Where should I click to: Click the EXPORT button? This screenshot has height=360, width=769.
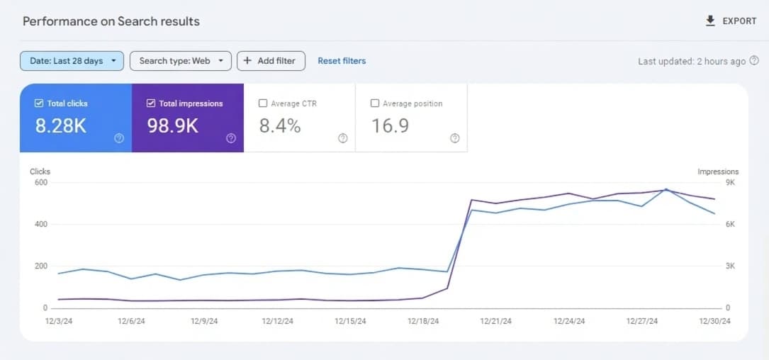tap(731, 21)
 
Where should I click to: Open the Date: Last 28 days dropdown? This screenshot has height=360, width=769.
tap(72, 61)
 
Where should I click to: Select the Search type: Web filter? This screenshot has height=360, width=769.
tap(181, 61)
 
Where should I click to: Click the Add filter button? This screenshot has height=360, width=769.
tap(271, 61)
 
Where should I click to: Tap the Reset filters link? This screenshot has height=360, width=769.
tap(342, 61)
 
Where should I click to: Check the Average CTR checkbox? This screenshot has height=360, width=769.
tap(264, 103)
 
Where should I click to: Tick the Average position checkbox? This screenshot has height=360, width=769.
tap(375, 103)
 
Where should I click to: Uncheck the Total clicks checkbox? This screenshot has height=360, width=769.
tap(39, 103)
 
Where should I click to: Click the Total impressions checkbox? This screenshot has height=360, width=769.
tap(151, 103)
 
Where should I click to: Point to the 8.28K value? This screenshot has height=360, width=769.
tap(61, 126)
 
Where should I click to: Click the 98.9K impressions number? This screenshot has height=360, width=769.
tap(172, 126)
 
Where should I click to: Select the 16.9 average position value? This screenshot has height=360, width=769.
tap(390, 126)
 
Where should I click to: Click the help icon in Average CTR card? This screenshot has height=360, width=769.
tap(343, 138)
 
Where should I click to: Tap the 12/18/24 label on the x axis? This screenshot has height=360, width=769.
tap(423, 321)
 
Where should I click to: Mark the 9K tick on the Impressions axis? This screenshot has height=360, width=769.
tap(730, 183)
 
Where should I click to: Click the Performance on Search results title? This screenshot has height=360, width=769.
tap(111, 21)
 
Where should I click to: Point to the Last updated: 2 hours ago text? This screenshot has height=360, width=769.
tap(692, 62)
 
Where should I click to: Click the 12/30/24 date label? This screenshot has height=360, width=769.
tap(715, 321)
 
